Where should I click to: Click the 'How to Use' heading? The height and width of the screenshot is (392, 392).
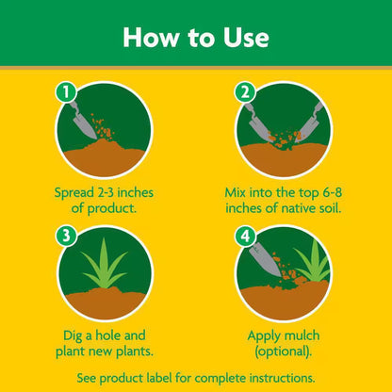(196, 38)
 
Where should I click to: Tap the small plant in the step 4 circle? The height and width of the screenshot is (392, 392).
(310, 263)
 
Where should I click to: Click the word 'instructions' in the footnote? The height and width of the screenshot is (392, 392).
(282, 376)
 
